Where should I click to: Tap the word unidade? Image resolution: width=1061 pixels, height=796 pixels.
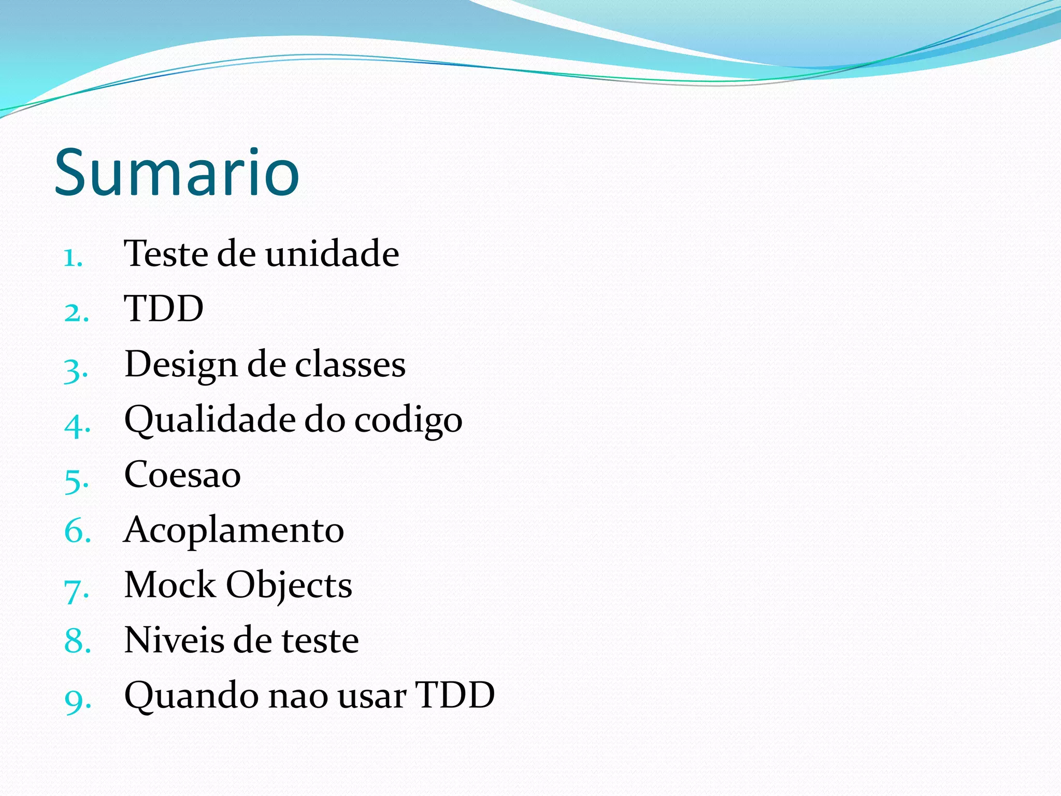[x=332, y=254]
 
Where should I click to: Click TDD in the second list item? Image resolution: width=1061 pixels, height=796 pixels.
[x=164, y=309]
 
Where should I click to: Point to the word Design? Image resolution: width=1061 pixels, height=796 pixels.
[x=181, y=365]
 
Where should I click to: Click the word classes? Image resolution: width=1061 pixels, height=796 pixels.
[x=350, y=364]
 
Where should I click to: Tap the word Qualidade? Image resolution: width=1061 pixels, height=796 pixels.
[x=209, y=419]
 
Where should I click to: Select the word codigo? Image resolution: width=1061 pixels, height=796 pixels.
[x=408, y=420]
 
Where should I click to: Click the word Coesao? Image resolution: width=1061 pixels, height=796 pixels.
[x=182, y=475]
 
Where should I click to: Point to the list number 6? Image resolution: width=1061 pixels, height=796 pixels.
[x=77, y=532]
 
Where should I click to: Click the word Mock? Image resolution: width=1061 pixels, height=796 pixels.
[x=170, y=585]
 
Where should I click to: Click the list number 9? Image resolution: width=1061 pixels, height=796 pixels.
[x=77, y=700]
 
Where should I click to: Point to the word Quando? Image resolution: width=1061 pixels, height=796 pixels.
[x=191, y=695]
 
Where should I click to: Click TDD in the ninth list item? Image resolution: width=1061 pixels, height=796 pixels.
[x=455, y=695]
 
